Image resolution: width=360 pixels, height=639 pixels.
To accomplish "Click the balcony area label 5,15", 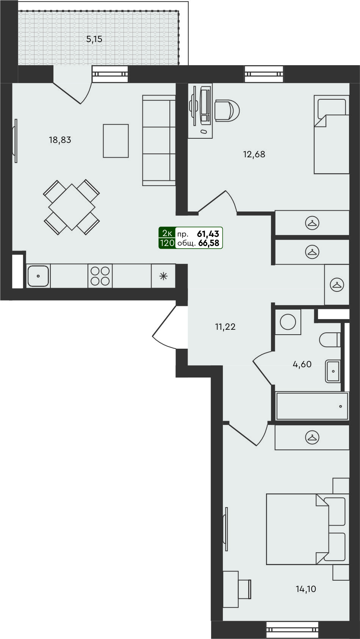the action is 94,39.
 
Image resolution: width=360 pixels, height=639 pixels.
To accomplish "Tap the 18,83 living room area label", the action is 60,140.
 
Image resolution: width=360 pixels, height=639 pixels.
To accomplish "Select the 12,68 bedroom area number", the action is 254,154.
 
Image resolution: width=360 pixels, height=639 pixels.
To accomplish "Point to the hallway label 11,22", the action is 225,327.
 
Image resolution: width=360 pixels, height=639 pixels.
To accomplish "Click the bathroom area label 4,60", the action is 302,364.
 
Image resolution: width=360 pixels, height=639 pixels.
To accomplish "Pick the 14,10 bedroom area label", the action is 306,589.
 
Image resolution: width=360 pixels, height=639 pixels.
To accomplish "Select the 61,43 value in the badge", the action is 208,234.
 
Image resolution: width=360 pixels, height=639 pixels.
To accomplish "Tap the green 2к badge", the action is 167,234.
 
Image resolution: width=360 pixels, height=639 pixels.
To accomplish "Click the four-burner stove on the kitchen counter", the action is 100,276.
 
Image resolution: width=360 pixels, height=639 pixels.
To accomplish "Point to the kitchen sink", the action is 38,276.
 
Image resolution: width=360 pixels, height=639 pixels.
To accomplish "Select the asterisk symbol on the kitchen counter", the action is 163,276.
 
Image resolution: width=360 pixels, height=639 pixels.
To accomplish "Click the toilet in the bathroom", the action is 330,340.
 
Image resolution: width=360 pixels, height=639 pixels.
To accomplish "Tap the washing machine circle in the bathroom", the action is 288,322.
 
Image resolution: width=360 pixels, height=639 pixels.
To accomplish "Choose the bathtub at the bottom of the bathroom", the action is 312,406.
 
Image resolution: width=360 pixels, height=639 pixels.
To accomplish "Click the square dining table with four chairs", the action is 72,207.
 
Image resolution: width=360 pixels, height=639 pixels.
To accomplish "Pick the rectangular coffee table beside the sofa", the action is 116,141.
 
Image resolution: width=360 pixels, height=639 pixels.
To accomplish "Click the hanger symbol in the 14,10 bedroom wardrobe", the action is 312,437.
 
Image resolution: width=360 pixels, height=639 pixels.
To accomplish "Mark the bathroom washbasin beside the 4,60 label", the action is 333,371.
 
